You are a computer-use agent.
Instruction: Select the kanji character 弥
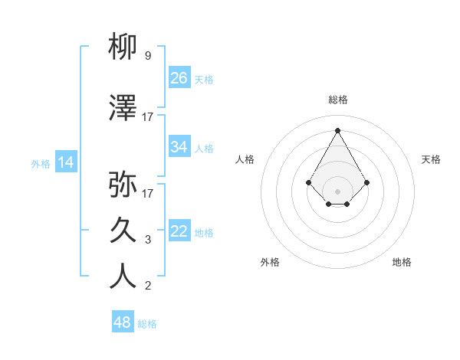pyautogui.click(x=123, y=184)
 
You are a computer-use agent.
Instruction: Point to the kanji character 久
pyautogui.click(x=123, y=230)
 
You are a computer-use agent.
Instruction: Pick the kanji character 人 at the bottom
pyautogui.click(x=123, y=277)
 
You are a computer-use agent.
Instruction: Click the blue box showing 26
pyautogui.click(x=179, y=78)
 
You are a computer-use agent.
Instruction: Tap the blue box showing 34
pyautogui.click(x=179, y=147)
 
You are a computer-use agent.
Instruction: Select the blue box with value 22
pyautogui.click(x=179, y=231)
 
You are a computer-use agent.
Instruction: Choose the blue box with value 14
pyautogui.click(x=66, y=162)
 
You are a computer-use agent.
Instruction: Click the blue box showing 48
pyautogui.click(x=123, y=322)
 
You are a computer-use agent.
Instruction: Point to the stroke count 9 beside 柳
pyautogui.click(x=148, y=56)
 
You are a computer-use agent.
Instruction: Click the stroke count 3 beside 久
pyautogui.click(x=148, y=240)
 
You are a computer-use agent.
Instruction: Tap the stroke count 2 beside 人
pyautogui.click(x=148, y=286)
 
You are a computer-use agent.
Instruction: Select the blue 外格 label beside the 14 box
pyautogui.click(x=41, y=163)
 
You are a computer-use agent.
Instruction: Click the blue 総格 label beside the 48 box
pyautogui.click(x=147, y=324)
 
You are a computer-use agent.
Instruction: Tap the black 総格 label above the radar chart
pyautogui.click(x=337, y=100)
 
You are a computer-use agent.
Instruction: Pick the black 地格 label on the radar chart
pyautogui.click(x=402, y=262)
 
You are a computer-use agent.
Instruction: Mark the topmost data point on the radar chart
pyautogui.click(x=337, y=129)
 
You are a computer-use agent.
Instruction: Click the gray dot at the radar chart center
pyautogui.click(x=337, y=191)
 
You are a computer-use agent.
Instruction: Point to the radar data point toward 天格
pyautogui.click(x=367, y=182)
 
